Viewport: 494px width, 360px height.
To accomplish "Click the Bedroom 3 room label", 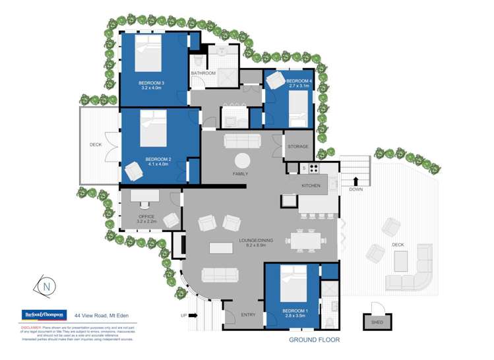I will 152,82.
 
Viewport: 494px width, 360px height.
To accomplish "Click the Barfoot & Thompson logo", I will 44,315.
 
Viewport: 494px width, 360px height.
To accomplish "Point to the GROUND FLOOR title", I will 314,340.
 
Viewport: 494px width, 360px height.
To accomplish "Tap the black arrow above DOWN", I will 356,180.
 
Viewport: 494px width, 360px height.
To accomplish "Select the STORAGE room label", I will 298,147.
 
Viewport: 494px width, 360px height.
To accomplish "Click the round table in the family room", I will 243,160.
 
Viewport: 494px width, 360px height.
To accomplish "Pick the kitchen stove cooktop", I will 311,169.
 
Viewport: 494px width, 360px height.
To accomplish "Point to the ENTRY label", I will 248,315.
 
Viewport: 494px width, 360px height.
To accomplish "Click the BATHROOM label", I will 203,73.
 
